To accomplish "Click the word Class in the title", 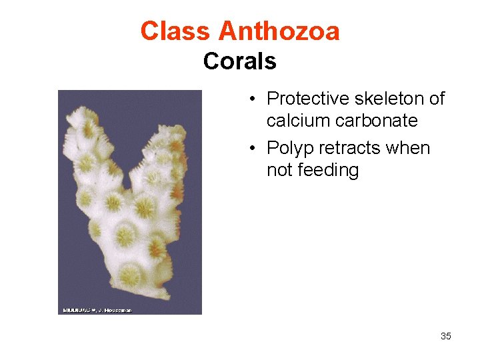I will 175,31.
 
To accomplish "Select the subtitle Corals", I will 239,61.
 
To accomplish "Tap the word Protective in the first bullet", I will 307,99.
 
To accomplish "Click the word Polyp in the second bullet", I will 287,148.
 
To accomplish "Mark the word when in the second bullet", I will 407,148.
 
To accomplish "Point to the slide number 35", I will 445,336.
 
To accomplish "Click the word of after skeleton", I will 437,99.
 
